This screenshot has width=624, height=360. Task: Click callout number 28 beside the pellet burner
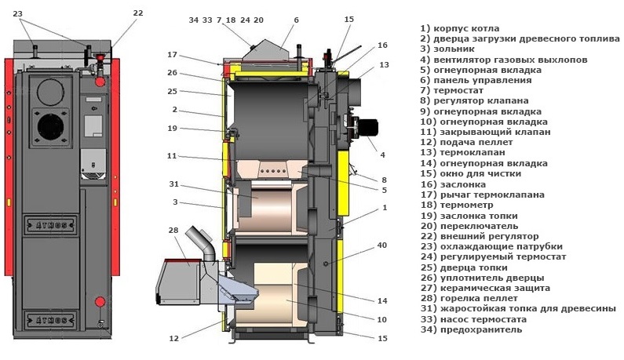click(x=173, y=231)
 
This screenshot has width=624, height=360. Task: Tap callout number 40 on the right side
click(x=381, y=245)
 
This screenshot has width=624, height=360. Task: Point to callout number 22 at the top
click(x=138, y=13)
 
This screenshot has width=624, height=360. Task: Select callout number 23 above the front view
click(x=18, y=13)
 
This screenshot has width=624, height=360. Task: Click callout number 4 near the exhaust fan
click(x=382, y=155)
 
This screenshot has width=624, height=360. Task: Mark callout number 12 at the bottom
click(x=174, y=338)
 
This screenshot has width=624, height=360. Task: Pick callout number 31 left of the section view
click(x=173, y=185)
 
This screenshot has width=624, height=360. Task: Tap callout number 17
click(x=173, y=54)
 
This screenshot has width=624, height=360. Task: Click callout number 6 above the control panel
click(x=297, y=20)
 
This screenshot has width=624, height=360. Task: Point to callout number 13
click(x=384, y=65)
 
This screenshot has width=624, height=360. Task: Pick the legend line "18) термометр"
click(x=461, y=204)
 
